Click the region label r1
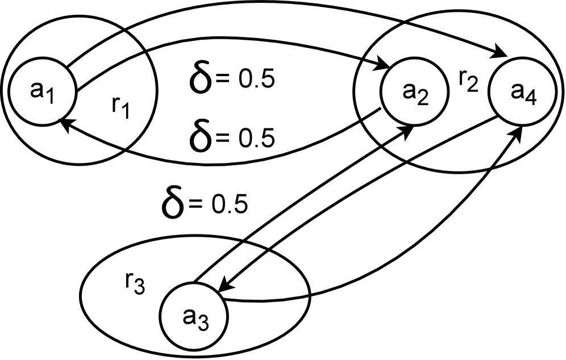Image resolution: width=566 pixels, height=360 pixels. (121, 107)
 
